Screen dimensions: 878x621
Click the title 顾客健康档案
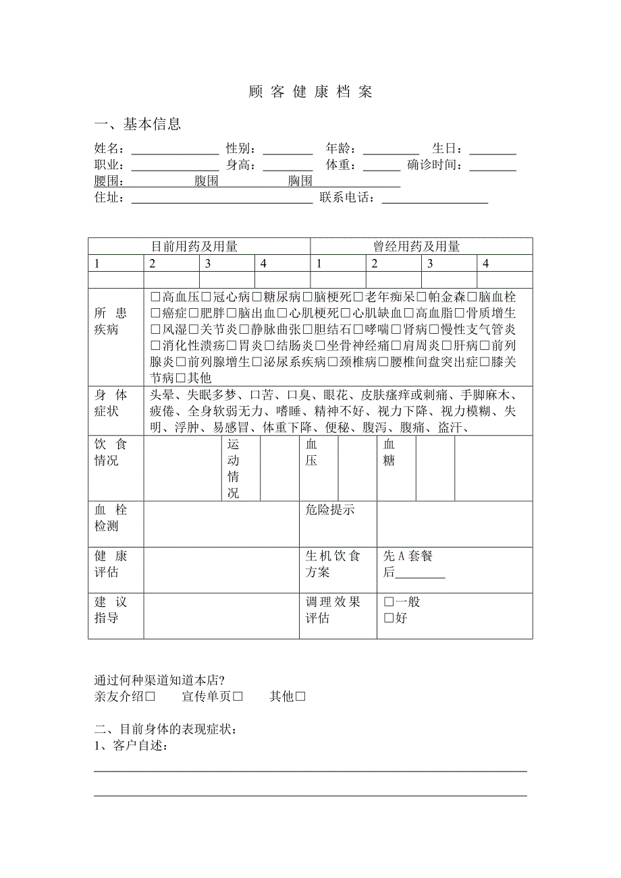(310, 92)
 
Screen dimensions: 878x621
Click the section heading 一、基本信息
(137, 124)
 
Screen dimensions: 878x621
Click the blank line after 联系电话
(435, 200)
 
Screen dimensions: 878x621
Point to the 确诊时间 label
(435, 166)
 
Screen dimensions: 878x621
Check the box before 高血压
(155, 297)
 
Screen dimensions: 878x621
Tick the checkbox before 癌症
(155, 313)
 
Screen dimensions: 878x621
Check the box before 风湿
(155, 330)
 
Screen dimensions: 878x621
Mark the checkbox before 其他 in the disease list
(180, 378)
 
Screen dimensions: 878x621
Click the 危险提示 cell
(330, 510)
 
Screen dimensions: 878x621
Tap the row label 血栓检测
(111, 518)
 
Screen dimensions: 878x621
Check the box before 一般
(389, 602)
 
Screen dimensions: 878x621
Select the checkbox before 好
(389, 618)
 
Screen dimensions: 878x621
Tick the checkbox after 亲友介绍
(151, 697)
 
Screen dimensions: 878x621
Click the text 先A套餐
(408, 556)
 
